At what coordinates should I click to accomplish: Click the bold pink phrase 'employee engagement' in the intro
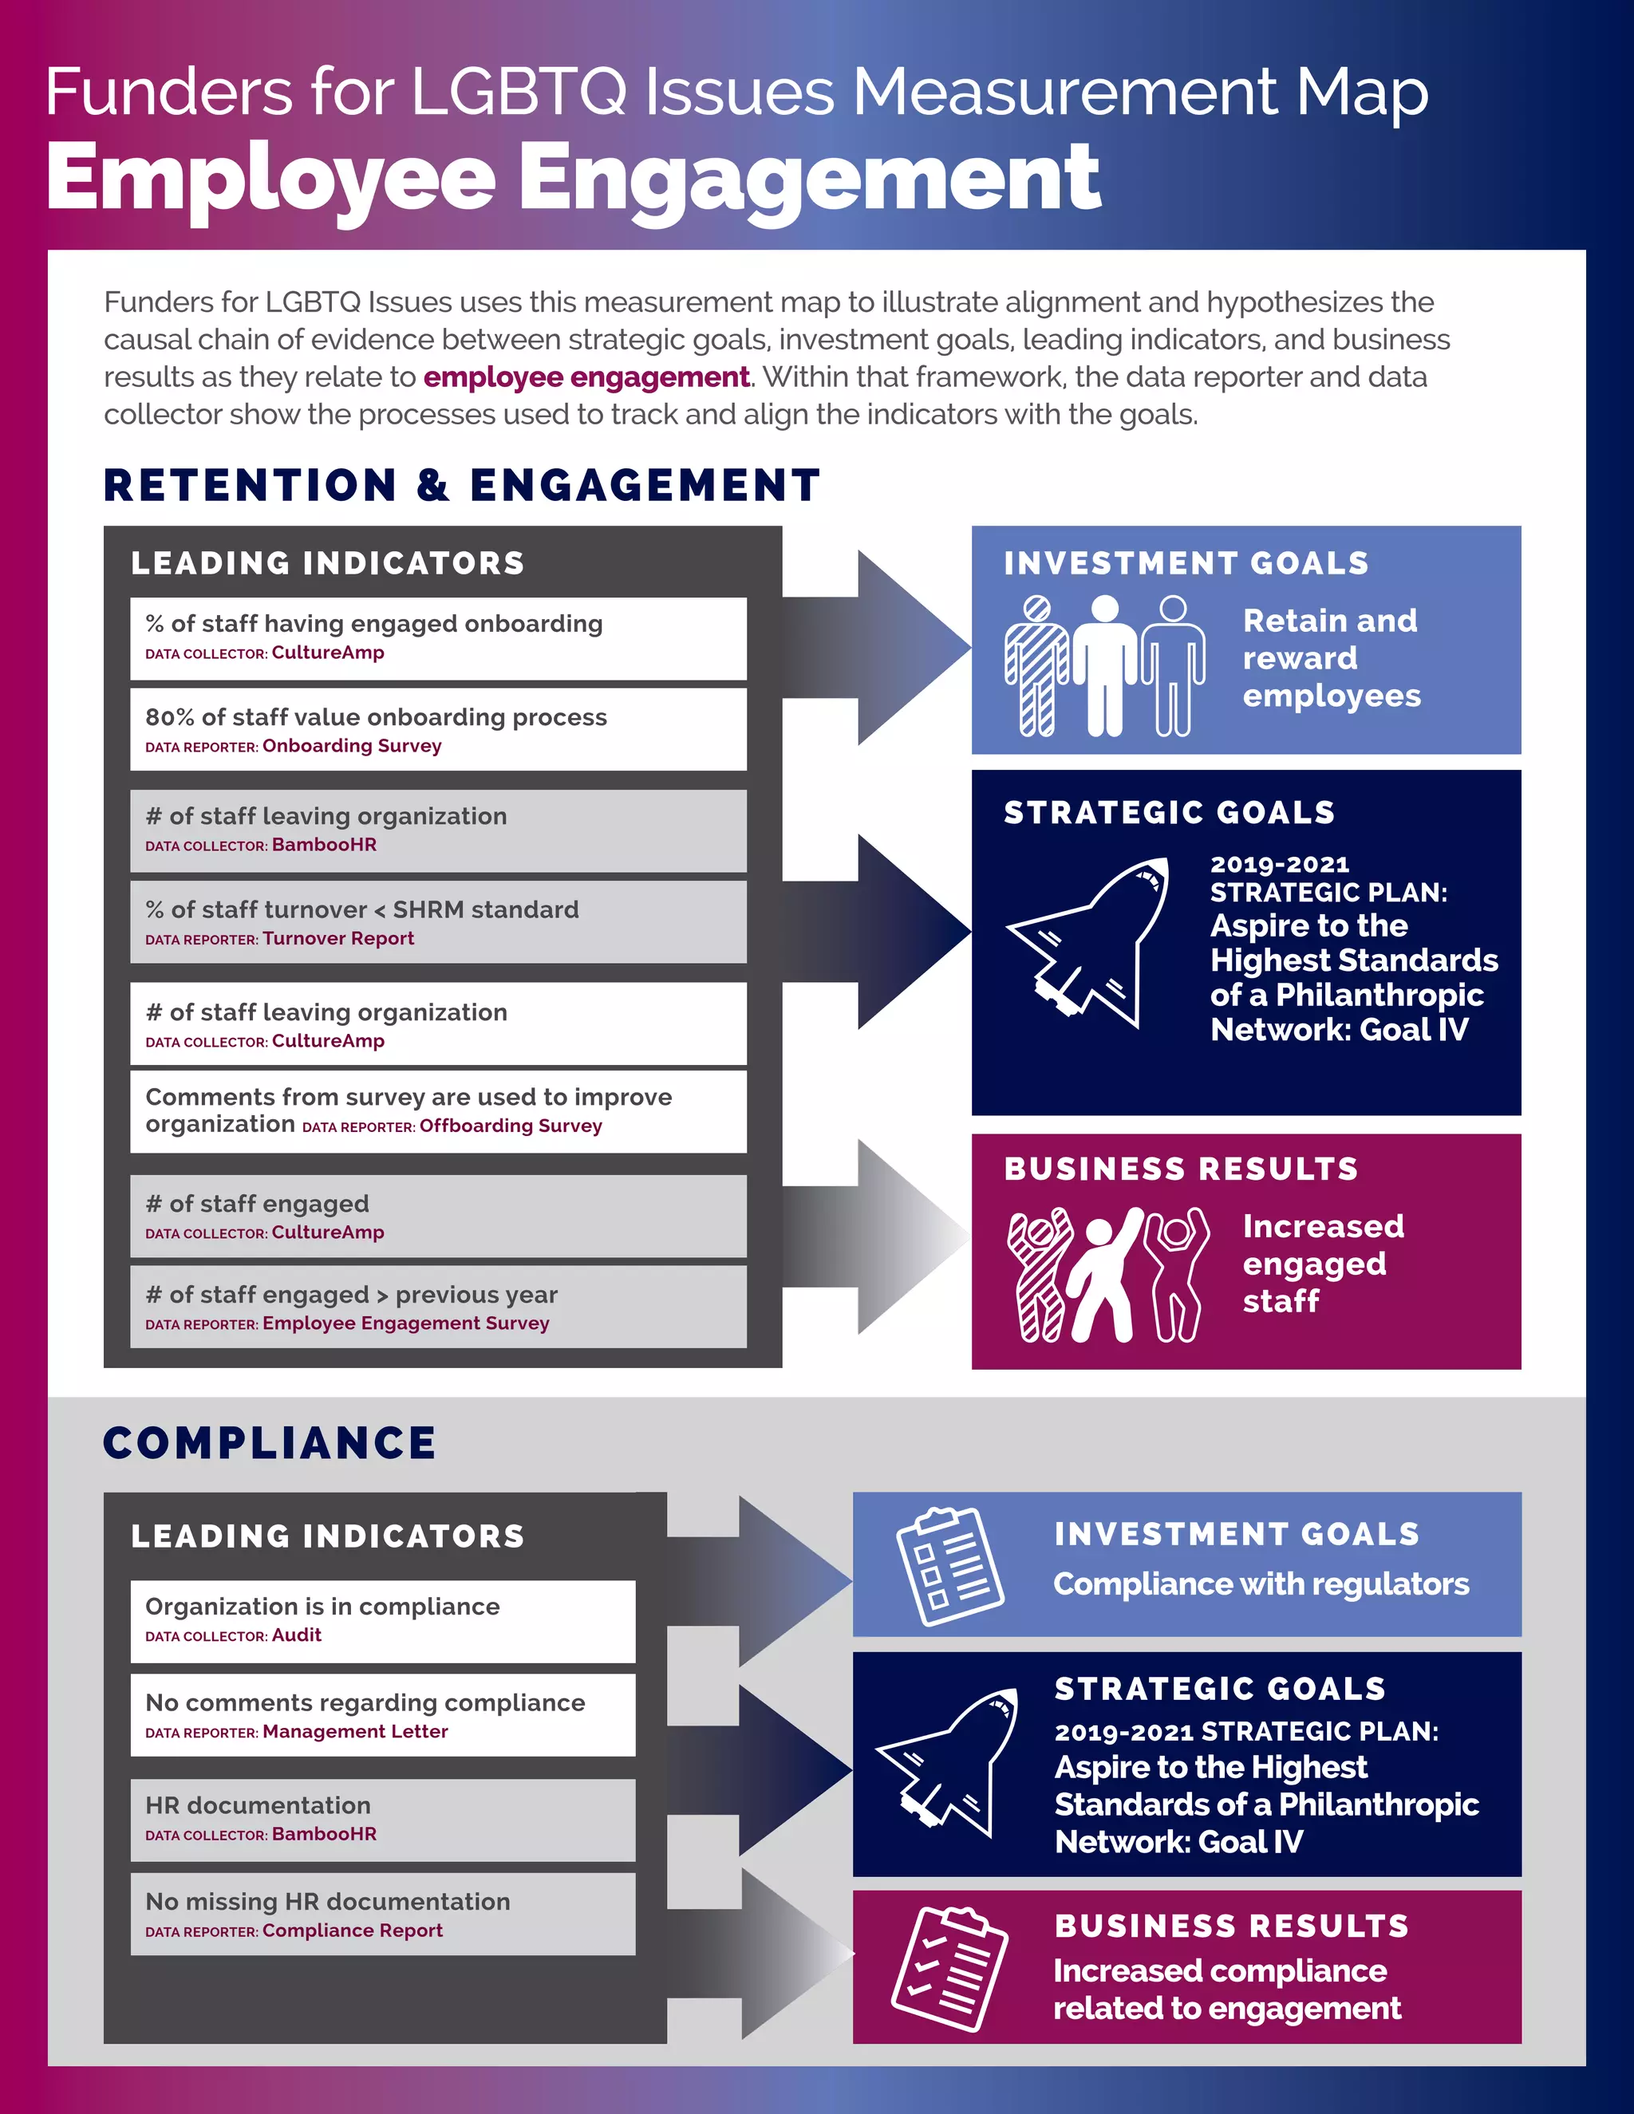(x=586, y=377)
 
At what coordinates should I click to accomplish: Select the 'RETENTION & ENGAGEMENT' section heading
(x=462, y=485)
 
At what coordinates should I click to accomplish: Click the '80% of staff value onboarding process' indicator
(x=376, y=717)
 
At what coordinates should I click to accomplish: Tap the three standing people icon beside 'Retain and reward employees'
(x=1104, y=666)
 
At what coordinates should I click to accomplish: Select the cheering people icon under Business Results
(x=1107, y=1274)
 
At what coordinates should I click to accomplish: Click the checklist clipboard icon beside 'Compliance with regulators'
(x=949, y=1565)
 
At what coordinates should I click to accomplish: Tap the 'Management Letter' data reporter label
(x=355, y=1731)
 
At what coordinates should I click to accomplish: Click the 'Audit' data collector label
(x=296, y=1635)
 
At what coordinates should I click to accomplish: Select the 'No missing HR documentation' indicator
(x=327, y=1901)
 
